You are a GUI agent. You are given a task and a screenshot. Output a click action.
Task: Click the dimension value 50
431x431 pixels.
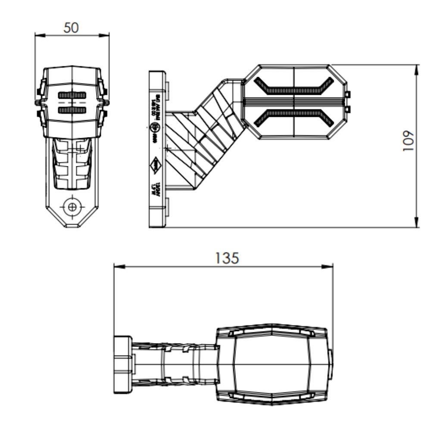72,28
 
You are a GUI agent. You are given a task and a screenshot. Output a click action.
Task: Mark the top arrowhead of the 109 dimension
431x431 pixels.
416,69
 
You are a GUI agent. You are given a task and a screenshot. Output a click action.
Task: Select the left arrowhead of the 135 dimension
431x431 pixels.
118,266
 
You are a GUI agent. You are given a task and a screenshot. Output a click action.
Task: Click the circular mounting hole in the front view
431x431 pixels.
72,207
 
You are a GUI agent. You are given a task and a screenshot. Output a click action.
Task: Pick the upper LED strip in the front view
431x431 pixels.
72,95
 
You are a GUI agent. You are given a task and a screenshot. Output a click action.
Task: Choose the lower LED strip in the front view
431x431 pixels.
72,111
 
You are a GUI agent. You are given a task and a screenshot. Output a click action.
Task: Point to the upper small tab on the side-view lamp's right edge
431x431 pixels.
348,94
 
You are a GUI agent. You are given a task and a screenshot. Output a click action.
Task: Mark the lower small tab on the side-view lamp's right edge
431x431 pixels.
348,109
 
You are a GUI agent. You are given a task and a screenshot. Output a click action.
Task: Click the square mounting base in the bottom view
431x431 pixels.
122,365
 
